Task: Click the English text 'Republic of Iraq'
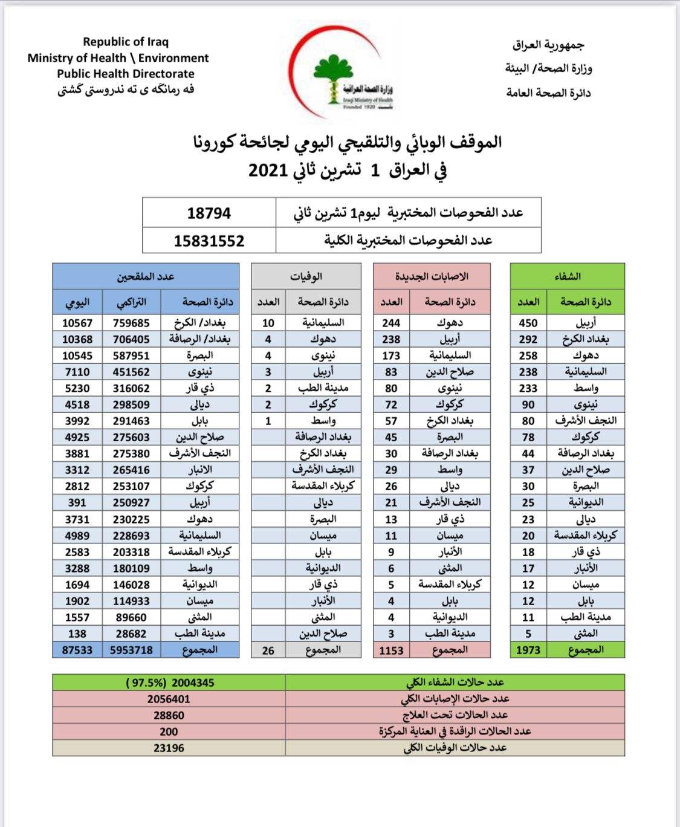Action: tap(126, 42)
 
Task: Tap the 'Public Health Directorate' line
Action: tap(126, 74)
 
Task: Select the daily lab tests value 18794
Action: tap(209, 213)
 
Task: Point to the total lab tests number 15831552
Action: tap(209, 241)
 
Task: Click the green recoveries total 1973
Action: tap(528, 650)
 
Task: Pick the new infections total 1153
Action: tap(391, 650)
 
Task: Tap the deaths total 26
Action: tap(268, 650)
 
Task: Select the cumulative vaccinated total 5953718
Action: tap(131, 650)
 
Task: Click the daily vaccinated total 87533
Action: tap(77, 650)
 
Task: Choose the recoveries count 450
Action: tap(528, 323)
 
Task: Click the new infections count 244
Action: tap(391, 323)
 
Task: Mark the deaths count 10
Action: tap(268, 323)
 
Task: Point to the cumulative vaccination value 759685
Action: tap(131, 323)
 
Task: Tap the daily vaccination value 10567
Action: tap(77, 323)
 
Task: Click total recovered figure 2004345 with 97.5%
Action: tap(170, 683)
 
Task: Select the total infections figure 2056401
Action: tap(169, 699)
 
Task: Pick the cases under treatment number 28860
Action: tap(169, 715)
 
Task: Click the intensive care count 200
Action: tap(169, 731)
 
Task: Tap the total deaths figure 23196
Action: tap(169, 748)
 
